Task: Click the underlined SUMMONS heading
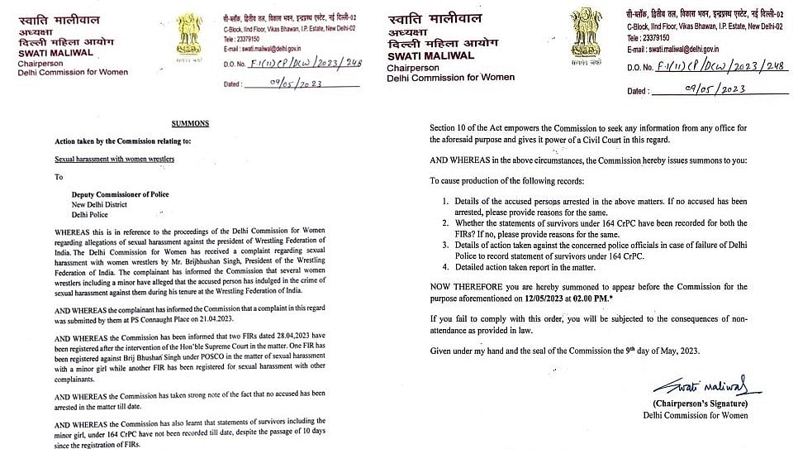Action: click(x=189, y=122)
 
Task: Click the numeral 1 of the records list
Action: click(x=444, y=201)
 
